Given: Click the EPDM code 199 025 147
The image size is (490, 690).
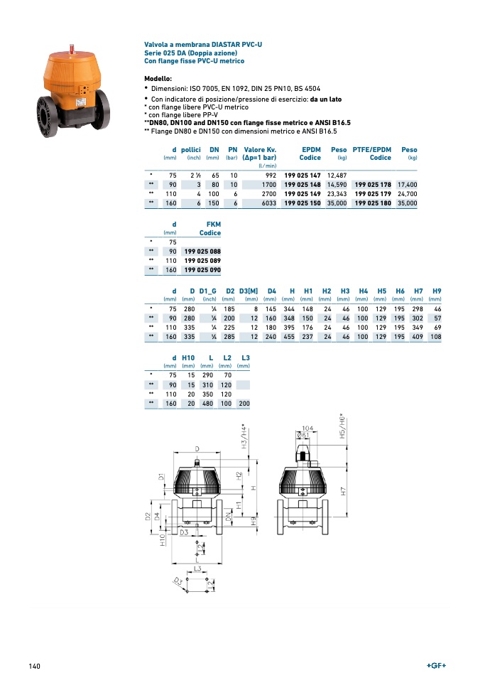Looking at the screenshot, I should pos(303,175).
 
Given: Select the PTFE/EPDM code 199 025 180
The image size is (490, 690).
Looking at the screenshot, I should pos(372,203).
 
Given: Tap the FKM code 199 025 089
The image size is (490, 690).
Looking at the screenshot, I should pos(202,261).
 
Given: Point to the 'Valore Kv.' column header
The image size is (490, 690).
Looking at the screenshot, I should pos(260,150).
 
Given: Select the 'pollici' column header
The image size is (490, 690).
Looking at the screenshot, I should pos(191,150).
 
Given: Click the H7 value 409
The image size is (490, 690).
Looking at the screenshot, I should pos(417,336).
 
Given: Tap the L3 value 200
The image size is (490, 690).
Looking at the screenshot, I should pos(244,404).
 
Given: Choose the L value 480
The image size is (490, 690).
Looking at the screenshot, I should pos(207,404).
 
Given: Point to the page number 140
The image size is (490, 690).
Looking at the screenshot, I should pos(34,666).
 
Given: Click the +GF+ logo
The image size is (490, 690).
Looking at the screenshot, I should pos(436,666).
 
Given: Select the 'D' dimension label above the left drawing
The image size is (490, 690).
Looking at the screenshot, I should pos(197,449).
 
